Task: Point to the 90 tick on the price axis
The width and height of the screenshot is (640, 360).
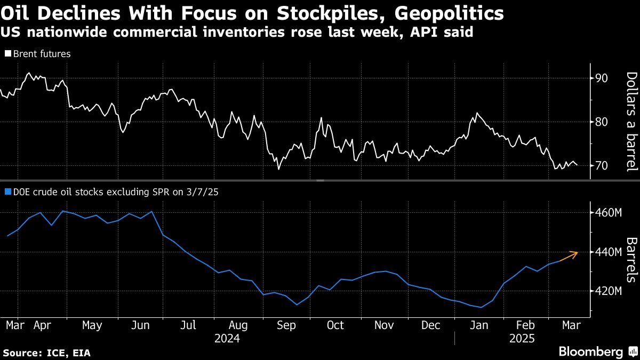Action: pyautogui.click(x=602, y=78)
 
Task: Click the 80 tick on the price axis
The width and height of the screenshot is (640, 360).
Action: pyautogui.click(x=602, y=122)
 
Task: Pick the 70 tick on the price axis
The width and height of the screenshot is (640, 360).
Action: pyautogui.click(x=602, y=166)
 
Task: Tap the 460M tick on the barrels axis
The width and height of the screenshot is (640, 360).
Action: pyautogui.click(x=607, y=213)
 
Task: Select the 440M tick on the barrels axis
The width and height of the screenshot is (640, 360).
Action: pyautogui.click(x=607, y=252)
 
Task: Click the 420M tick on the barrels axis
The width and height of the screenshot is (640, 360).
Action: pyautogui.click(x=607, y=291)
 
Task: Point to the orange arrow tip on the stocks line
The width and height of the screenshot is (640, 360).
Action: pyautogui.click(x=577, y=252)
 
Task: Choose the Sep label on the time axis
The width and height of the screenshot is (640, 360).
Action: pyautogui.click(x=287, y=325)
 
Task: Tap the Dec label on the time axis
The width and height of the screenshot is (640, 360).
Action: pyautogui.click(x=431, y=325)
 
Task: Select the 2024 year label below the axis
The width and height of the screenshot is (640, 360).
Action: pyautogui.click(x=227, y=339)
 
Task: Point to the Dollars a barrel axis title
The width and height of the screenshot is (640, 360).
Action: pyautogui.click(x=631, y=122)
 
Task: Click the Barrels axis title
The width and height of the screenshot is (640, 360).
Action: pyautogui.click(x=631, y=259)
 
